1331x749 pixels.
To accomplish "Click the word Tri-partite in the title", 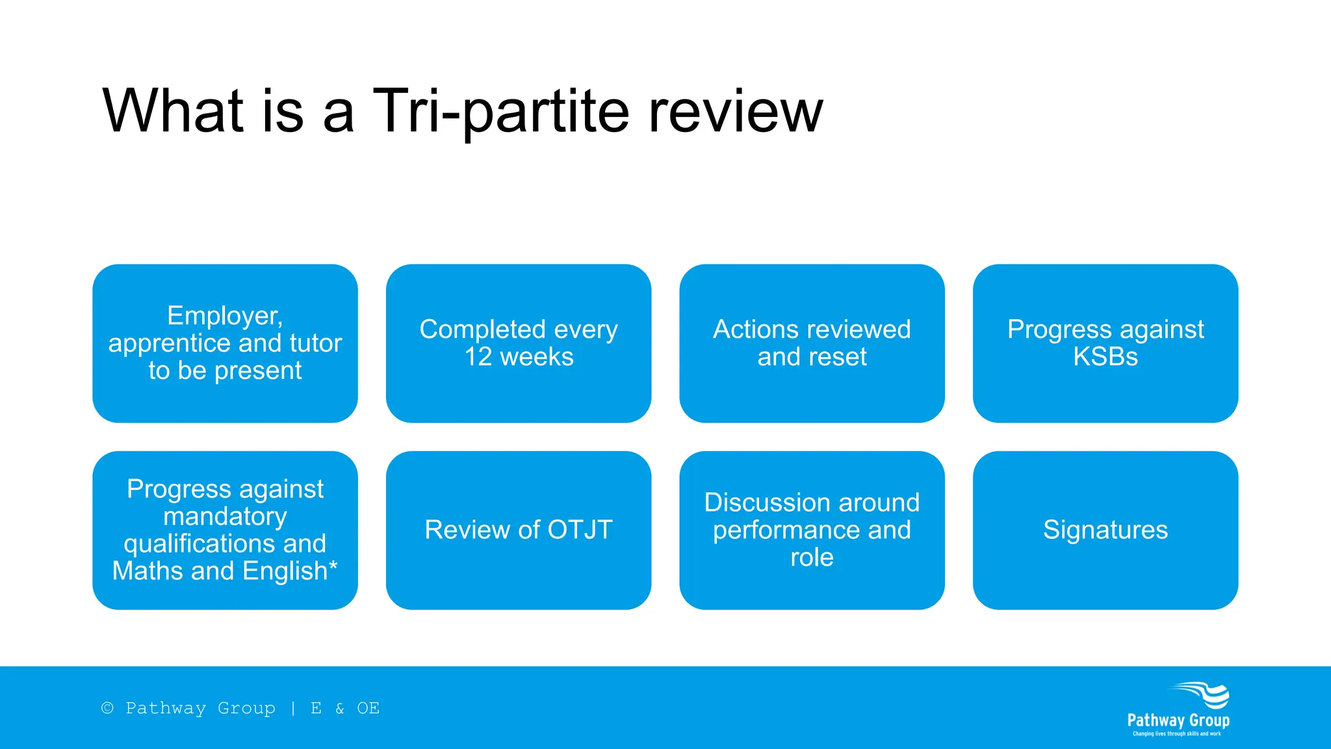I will point(500,112).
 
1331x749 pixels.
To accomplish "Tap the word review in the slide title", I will point(736,112).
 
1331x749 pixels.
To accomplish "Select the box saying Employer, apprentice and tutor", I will point(225,343).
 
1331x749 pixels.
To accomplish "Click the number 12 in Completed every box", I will point(478,357).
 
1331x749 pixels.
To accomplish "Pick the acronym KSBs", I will point(1105,357).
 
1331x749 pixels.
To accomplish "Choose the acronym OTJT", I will point(580,530).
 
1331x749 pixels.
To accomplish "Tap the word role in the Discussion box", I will point(812,558).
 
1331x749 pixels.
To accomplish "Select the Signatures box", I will point(1105,530).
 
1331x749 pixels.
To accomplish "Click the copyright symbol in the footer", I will point(107,708).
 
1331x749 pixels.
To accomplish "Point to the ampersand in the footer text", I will point(340,709).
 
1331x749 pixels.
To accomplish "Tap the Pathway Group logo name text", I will point(1178,720).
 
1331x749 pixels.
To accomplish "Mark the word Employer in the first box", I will point(224,316).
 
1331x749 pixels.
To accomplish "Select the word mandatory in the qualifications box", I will point(225,517).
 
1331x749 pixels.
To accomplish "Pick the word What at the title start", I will point(173,112).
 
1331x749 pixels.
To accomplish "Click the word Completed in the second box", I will point(482,330).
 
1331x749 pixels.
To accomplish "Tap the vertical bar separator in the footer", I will point(293,708).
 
